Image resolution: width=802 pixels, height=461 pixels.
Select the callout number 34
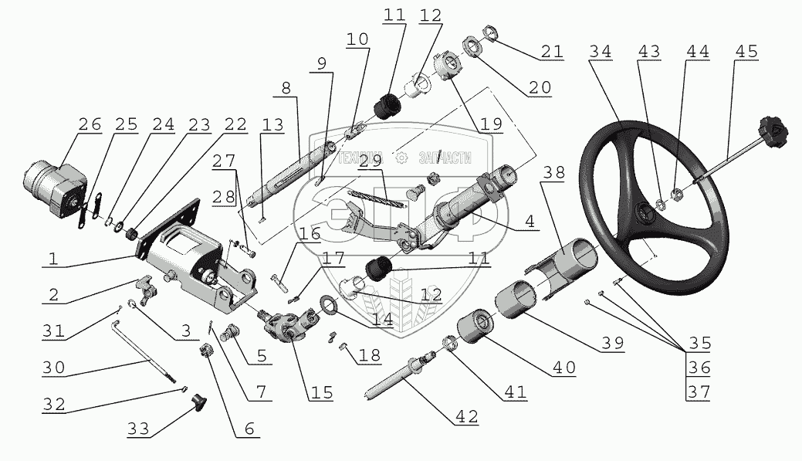click(x=599, y=52)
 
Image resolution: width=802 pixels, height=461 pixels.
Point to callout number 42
click(x=466, y=416)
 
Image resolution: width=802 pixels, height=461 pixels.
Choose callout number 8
click(x=285, y=87)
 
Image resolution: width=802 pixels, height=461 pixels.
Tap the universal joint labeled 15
click(x=283, y=330)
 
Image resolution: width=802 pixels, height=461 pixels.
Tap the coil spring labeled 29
click(x=376, y=198)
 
